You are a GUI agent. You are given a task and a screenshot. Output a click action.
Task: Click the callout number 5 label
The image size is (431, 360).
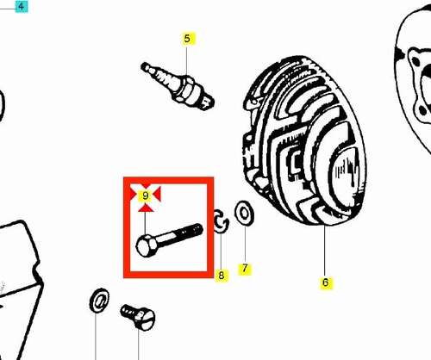click(x=187, y=39)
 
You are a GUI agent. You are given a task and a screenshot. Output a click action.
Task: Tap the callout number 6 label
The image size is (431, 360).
click(x=325, y=282)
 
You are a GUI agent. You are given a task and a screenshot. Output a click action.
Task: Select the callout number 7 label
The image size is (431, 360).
click(x=245, y=269)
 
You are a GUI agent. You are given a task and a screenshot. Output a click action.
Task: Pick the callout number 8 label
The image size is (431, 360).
click(x=221, y=276)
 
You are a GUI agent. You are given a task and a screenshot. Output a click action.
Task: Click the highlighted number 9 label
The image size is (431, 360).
click(x=146, y=196)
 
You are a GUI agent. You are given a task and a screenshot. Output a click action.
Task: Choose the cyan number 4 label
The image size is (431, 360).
click(x=21, y=6)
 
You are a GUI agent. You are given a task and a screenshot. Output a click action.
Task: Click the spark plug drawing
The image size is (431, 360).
click(x=178, y=86)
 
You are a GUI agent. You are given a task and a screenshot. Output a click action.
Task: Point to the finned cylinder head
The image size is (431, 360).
click(x=304, y=140)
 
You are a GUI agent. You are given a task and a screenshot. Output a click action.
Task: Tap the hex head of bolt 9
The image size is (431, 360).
click(x=147, y=245)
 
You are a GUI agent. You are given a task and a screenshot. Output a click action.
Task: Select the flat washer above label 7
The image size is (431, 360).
click(x=245, y=214)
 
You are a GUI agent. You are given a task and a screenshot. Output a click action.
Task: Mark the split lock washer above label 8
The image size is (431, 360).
click(x=222, y=221)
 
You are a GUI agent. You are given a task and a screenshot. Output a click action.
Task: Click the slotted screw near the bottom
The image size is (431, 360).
click(x=138, y=318)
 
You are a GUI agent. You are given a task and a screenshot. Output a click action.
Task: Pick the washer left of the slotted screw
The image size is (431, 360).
click(x=99, y=300)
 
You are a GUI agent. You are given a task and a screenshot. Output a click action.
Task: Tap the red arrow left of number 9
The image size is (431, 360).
click(x=134, y=194)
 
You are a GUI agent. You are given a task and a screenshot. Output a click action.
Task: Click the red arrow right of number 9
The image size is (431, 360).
click(x=157, y=194)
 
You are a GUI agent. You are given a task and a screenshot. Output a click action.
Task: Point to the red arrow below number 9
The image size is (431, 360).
click(x=146, y=208)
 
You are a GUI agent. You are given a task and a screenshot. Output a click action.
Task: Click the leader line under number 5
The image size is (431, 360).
click(x=186, y=60)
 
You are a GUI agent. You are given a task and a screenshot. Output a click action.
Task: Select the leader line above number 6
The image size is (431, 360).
click(x=325, y=251)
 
